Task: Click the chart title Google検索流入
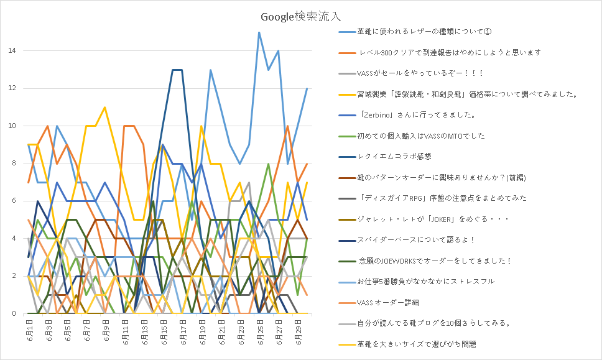(x=300, y=17)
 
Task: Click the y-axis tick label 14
(x=12, y=50)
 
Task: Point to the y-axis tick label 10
(x=12, y=126)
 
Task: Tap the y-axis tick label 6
(x=14, y=201)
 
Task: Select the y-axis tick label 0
(x=14, y=313)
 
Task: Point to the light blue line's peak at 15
(x=259, y=32)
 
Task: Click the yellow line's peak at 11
(x=105, y=108)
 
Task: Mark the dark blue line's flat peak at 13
(x=177, y=70)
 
